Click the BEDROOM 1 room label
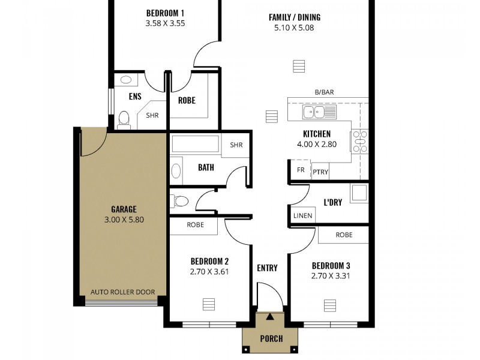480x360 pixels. (x=165, y=13)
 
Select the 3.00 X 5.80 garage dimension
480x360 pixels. (x=124, y=220)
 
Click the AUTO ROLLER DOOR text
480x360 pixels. (x=122, y=292)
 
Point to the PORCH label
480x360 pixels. (x=271, y=338)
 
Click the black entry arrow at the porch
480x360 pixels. (x=270, y=317)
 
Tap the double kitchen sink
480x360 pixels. (x=316, y=112)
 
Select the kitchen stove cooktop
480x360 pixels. (x=359, y=141)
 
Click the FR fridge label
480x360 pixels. (x=301, y=170)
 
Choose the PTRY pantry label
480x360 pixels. (x=320, y=171)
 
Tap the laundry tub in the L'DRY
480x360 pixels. (x=359, y=193)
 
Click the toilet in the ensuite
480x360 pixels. (x=124, y=119)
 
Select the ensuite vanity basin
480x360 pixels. (x=127, y=79)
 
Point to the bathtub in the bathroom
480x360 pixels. (x=196, y=144)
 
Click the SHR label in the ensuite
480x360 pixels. (x=152, y=116)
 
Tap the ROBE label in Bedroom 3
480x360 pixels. (x=344, y=235)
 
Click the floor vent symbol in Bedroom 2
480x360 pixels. (x=208, y=302)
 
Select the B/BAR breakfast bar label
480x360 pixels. (x=324, y=92)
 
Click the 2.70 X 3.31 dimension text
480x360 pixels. (x=331, y=276)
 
